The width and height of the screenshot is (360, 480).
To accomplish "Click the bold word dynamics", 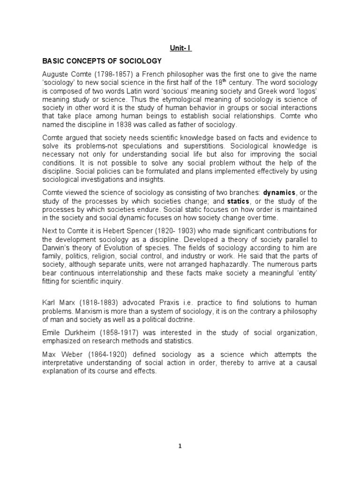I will (279, 193).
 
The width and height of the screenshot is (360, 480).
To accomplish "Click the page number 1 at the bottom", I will (180, 446).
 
